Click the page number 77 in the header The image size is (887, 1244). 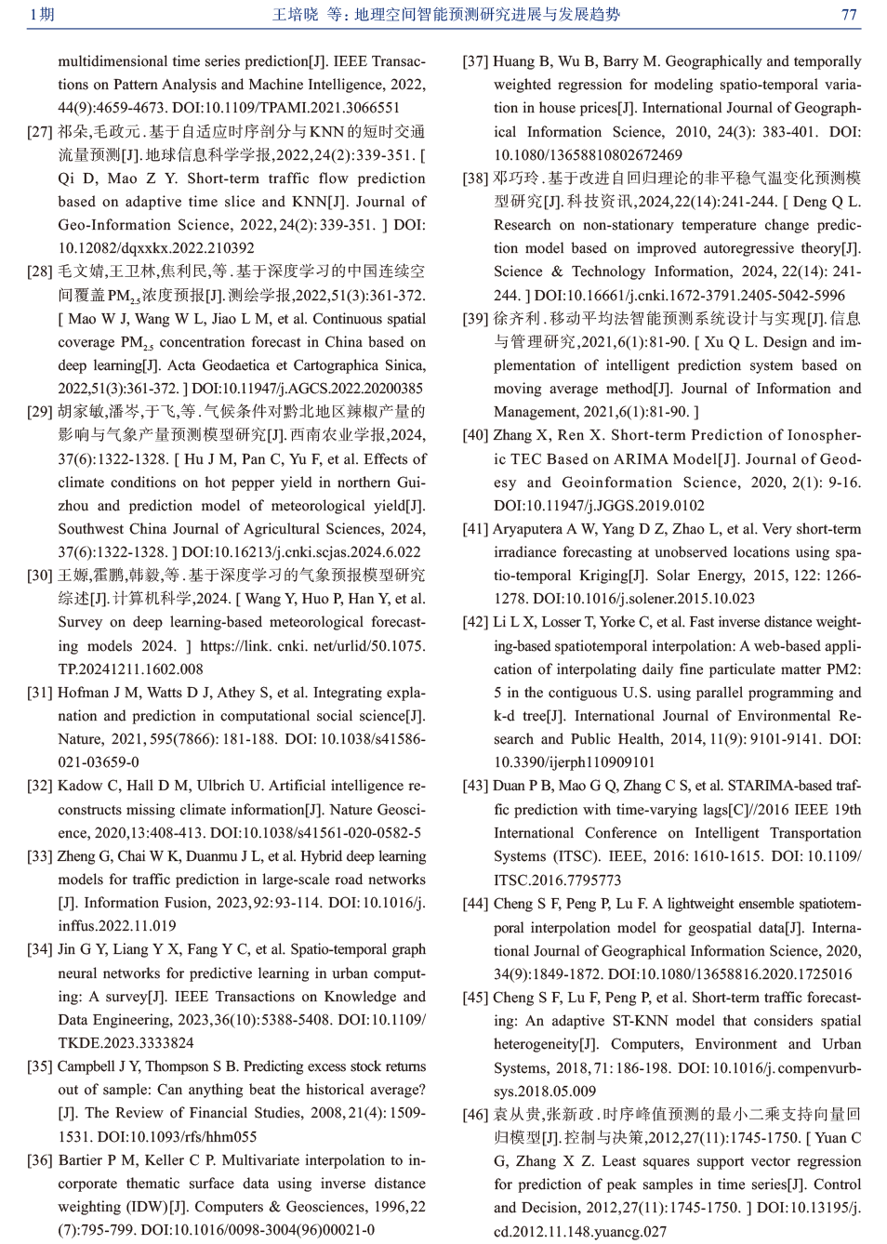848,14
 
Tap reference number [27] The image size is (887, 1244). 40,132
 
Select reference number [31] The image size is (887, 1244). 40,693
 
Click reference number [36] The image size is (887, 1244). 40,1160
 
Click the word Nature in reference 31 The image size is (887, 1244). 79,739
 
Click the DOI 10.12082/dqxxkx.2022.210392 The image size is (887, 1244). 156,248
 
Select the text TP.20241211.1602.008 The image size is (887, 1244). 131,669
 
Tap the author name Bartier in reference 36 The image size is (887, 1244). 81,1160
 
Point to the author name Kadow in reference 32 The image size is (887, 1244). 79,786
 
